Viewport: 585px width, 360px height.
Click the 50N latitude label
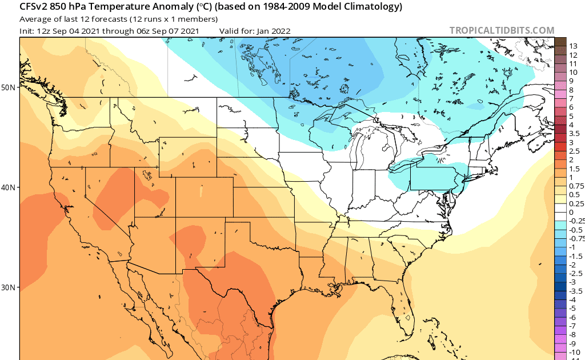tap(9, 87)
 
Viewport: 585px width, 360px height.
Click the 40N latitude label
tap(9, 187)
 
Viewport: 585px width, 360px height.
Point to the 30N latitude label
tap(9, 287)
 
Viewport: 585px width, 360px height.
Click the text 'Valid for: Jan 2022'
tap(255, 31)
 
